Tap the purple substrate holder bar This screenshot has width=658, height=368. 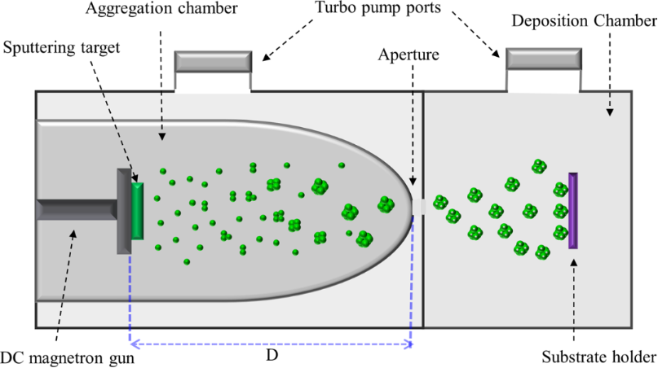pyautogui.click(x=573, y=209)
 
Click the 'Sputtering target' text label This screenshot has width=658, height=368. pyautogui.click(x=62, y=47)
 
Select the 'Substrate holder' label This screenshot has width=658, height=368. pyautogui.click(x=598, y=356)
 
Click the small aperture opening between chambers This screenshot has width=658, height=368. pyautogui.click(x=418, y=208)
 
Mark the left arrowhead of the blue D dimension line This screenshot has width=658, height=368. pyautogui.click(x=133, y=344)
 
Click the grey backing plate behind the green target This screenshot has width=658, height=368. pyautogui.click(x=124, y=211)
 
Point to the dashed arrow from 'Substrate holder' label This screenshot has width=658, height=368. pyautogui.click(x=574, y=301)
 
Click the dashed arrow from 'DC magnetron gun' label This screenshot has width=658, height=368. pyautogui.click(x=64, y=285)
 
